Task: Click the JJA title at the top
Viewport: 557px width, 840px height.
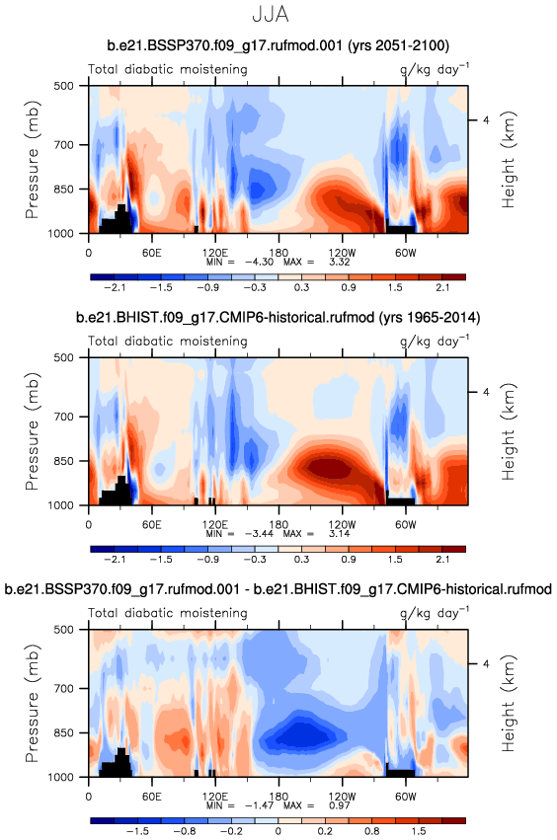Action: click(271, 14)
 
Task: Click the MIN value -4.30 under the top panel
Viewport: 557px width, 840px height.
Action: click(259, 262)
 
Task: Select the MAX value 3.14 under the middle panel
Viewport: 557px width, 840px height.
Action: click(340, 534)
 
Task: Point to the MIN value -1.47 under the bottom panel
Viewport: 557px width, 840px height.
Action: click(259, 805)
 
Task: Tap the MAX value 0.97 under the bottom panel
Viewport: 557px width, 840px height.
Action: click(340, 805)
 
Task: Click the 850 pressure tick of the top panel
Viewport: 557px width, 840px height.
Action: click(64, 190)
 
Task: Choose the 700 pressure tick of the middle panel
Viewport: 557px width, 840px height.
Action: click(64, 417)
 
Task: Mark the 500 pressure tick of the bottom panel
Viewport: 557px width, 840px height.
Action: click(64, 630)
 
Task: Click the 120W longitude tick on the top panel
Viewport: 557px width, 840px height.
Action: click(342, 253)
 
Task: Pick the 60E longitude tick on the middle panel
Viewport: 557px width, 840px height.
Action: click(152, 524)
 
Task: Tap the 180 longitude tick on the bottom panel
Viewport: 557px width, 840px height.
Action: click(278, 796)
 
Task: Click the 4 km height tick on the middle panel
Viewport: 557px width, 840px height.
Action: click(486, 392)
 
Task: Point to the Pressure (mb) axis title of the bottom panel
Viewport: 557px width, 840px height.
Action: click(33, 703)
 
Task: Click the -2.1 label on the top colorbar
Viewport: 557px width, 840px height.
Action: click(115, 287)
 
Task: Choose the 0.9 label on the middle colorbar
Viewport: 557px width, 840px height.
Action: click(349, 560)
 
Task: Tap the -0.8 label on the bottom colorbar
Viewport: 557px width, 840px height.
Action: click(185, 831)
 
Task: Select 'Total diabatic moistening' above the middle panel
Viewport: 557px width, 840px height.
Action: click(168, 342)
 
